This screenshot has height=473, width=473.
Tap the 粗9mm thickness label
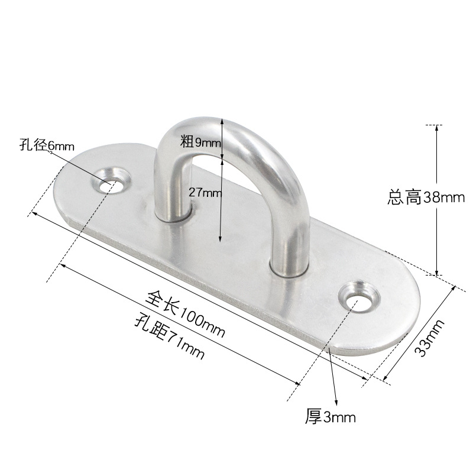[x=201, y=141]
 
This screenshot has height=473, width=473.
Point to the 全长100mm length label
[x=187, y=312]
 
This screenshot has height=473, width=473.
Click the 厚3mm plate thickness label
[x=331, y=417]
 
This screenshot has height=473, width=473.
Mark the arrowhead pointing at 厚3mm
[x=336, y=404]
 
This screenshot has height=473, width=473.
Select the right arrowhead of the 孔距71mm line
[x=299, y=385]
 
